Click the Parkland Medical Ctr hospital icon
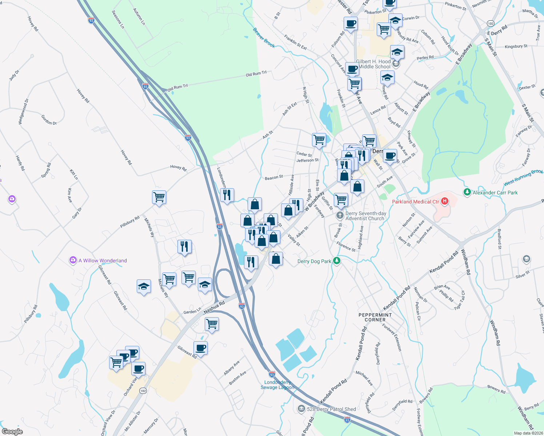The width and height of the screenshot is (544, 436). tap(444, 201)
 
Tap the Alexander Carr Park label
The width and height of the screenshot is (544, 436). tap(495, 193)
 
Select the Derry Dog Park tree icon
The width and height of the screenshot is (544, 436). tap(337, 261)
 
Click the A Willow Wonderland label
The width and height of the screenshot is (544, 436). tap(103, 261)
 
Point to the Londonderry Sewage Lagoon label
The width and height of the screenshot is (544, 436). tap(277, 385)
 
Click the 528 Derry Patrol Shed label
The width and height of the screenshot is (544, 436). tap(331, 409)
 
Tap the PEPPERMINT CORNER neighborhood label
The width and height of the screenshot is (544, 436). tap(375, 317)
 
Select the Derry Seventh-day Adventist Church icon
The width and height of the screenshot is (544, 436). tap(340, 215)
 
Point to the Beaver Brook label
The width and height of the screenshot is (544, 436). tap(264, 38)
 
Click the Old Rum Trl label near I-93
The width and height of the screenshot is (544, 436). tap(177, 87)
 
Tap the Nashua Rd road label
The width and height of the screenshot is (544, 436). tap(214, 307)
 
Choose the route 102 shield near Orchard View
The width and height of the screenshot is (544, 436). tap(143, 391)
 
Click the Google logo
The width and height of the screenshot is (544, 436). tap(12, 431)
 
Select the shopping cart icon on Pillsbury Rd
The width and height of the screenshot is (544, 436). tap(159, 197)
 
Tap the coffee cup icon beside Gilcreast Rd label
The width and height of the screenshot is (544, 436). tap(200, 348)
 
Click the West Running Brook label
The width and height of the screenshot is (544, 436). tap(523, 178)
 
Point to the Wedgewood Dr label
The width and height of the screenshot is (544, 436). tap(23, 112)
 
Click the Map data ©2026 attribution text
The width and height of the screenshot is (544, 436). tap(528, 433)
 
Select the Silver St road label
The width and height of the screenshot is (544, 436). tap(522, 275)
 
